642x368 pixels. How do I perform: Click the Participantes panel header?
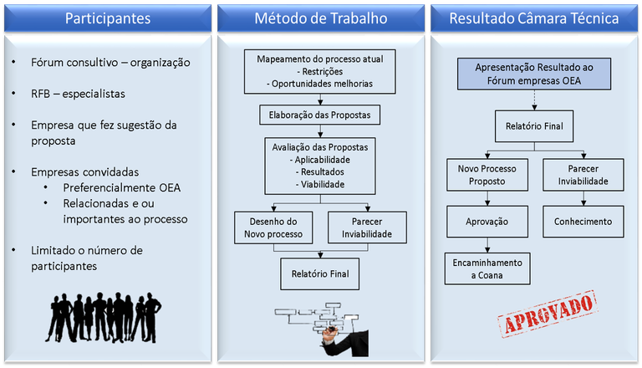coord(107,18)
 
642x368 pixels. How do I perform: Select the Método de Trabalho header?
coord(321,18)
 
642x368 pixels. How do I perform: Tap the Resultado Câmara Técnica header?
coord(534,18)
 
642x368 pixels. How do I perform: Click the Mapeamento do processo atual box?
coord(320,73)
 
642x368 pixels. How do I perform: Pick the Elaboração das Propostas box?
coord(320,114)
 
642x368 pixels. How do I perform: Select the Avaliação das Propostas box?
coord(320,165)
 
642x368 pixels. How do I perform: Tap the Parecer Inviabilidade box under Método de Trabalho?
coord(367,227)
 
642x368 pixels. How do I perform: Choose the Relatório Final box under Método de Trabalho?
coord(320,273)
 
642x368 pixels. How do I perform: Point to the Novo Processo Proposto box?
coord(487,176)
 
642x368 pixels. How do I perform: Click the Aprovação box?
coord(487,222)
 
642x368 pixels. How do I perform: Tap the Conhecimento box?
coord(582,222)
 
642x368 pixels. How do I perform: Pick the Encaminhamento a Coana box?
coord(487,268)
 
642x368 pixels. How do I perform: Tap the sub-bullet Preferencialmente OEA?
coord(121,187)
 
